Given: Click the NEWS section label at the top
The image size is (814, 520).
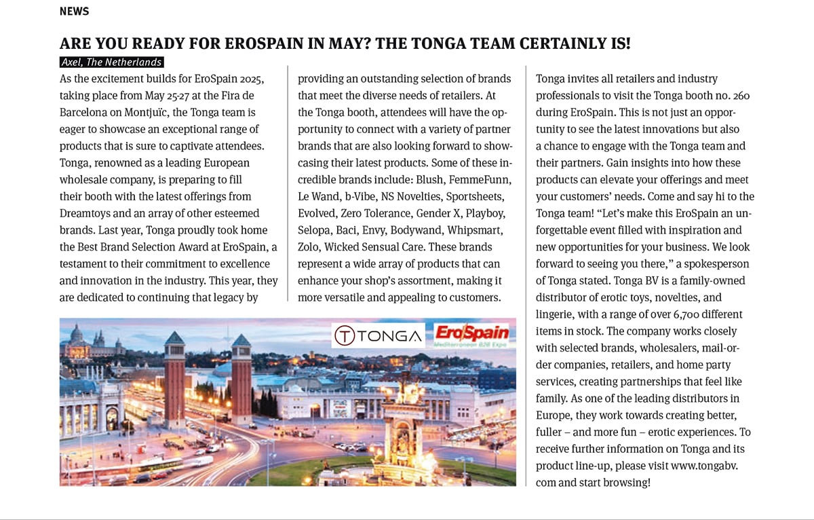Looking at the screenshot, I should click(x=74, y=12).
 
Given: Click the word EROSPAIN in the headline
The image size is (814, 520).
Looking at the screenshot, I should click(x=247, y=44).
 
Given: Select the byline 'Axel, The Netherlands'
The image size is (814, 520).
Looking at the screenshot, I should click(x=111, y=62).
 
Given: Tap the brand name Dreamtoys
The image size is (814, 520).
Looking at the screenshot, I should click(x=88, y=213).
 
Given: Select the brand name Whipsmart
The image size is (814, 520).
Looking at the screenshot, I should click(x=480, y=230).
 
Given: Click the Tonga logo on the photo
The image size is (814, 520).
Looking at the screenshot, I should click(x=377, y=335).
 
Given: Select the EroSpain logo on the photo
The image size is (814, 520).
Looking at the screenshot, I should click(x=472, y=335).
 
